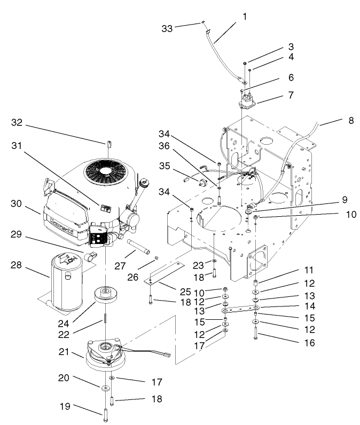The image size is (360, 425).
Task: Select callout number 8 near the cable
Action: tap(350, 121)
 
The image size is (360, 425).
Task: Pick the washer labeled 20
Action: tap(102, 385)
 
